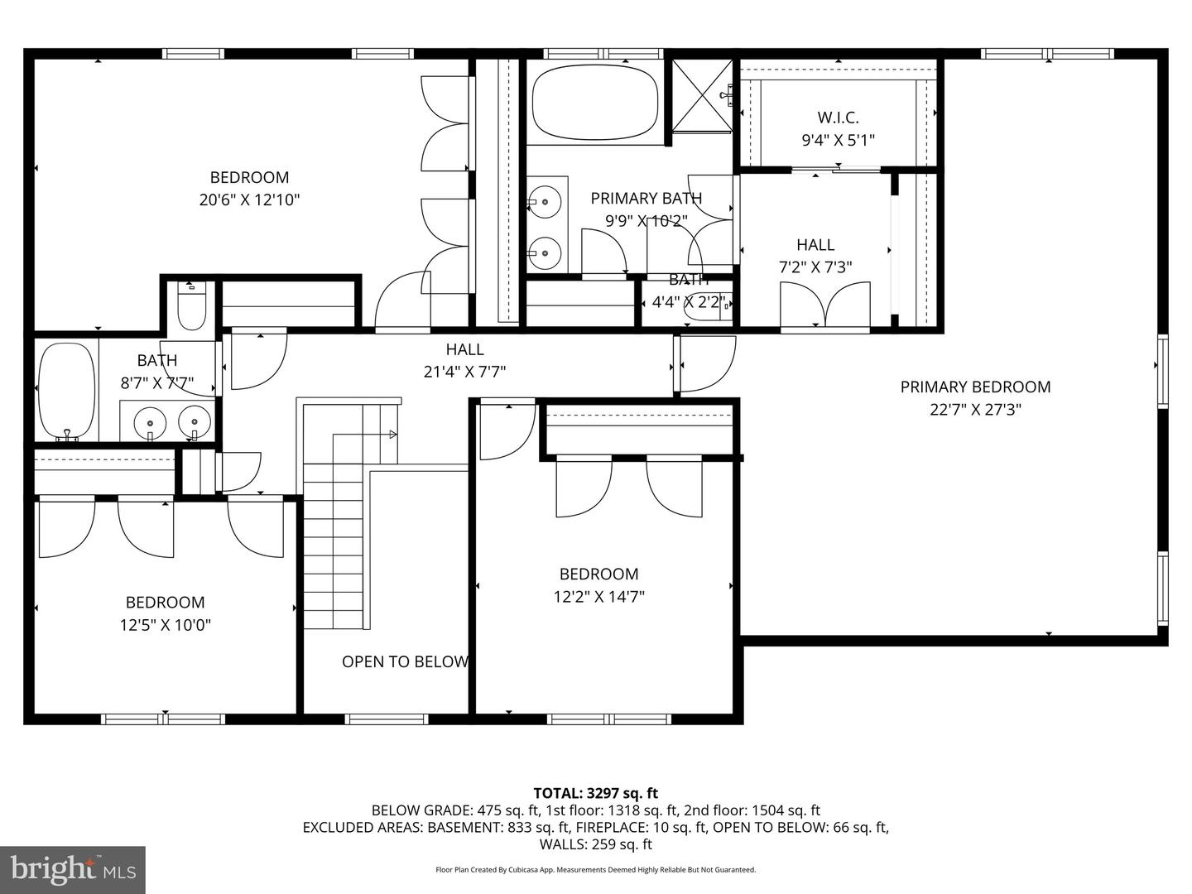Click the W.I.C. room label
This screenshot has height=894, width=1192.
tap(838, 118)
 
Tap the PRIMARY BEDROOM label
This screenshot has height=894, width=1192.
tap(975, 387)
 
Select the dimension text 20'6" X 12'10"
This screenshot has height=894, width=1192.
tap(249, 199)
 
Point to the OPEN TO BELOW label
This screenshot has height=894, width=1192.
tap(406, 661)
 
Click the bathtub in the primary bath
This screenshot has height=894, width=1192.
tap(595, 104)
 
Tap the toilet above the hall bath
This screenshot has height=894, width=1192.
tap(190, 307)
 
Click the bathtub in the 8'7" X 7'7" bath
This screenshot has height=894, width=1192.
tap(67, 390)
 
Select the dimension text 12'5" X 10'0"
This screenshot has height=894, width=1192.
tap(166, 625)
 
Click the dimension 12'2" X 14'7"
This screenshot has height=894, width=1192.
tap(599, 596)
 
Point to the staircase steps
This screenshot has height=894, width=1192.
tap(334, 546)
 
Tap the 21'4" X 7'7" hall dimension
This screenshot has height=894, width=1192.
tap(464, 372)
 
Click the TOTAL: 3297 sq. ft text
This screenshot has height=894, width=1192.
tap(596, 794)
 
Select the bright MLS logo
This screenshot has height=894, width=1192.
tap(73, 869)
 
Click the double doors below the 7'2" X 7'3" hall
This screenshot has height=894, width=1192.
tap(825, 307)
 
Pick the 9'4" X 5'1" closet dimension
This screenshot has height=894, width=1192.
tap(838, 140)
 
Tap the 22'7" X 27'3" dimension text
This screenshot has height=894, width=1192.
tap(975, 409)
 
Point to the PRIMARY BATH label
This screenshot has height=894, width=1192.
tap(646, 198)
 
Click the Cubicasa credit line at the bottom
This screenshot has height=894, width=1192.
tap(596, 870)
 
